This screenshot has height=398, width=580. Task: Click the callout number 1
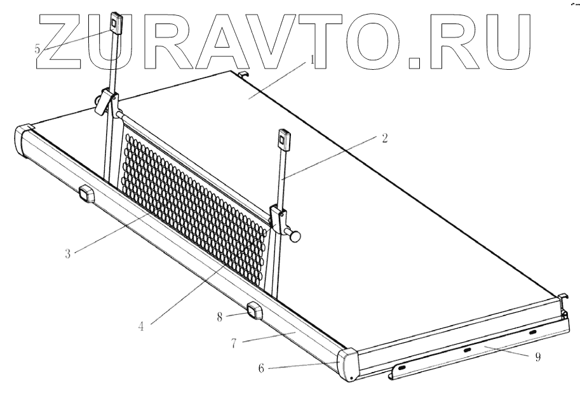click(x=312, y=60)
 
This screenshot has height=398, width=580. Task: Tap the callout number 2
click(x=385, y=138)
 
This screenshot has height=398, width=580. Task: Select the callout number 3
click(x=68, y=254)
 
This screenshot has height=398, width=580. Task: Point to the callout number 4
click(x=141, y=327)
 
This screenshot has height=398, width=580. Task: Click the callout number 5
click(x=37, y=48)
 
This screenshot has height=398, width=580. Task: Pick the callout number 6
click(x=261, y=368)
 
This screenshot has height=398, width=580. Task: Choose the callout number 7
click(x=234, y=343)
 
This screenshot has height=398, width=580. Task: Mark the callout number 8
click(x=220, y=317)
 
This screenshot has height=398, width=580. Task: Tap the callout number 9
click(x=538, y=357)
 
